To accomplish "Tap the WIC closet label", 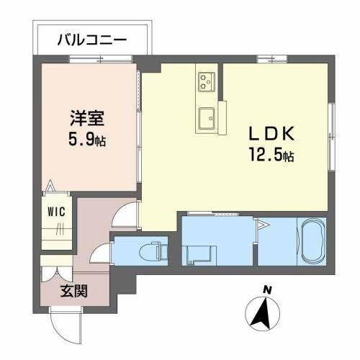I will (x=56, y=213).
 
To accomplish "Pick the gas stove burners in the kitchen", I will (x=207, y=81).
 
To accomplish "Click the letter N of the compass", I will (x=267, y=291).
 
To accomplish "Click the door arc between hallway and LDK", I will (x=127, y=212).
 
